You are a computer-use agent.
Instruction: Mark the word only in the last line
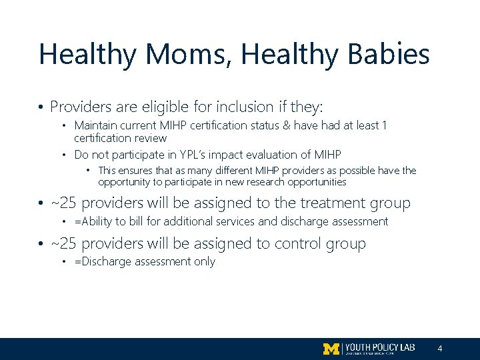point(204,262)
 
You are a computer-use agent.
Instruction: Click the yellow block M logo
point(331,349)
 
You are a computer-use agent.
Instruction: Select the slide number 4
point(440,349)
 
